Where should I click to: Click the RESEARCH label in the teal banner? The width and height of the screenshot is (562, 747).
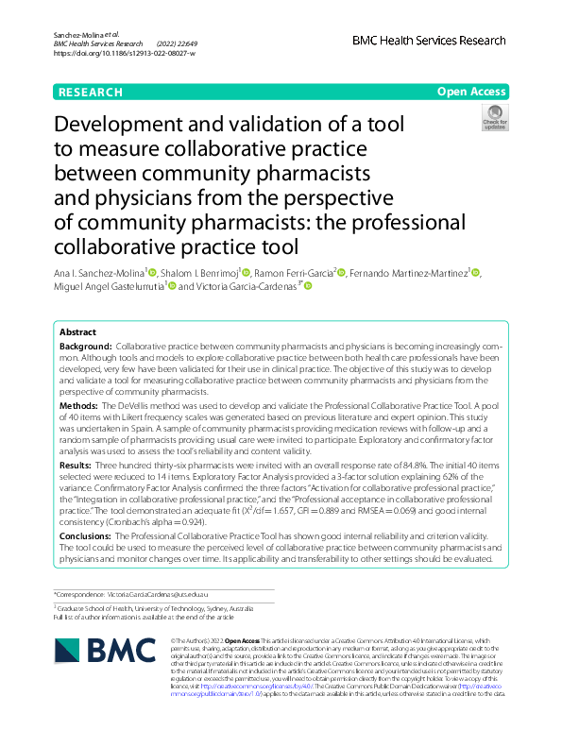pos(91,92)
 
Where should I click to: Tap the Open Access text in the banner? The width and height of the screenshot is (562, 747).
pos(470,92)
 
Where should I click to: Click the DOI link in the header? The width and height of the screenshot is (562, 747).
pos(125,53)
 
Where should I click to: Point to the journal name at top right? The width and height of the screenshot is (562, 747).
pos(429,41)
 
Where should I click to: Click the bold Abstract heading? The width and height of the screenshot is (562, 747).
pos(77,333)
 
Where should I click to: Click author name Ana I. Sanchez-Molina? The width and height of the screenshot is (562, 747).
pos(97,273)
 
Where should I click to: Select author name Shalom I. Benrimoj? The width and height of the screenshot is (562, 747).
pos(199,273)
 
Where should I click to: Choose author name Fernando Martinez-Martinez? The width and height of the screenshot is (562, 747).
pos(408,273)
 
